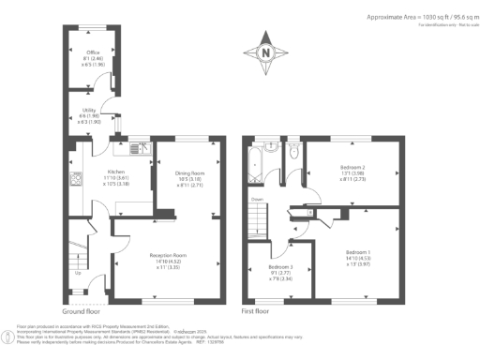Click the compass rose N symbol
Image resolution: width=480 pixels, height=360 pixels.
267,52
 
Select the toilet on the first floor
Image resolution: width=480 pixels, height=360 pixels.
292,150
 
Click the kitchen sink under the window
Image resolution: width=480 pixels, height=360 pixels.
133,147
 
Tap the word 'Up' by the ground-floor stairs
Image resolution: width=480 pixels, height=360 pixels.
77,273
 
